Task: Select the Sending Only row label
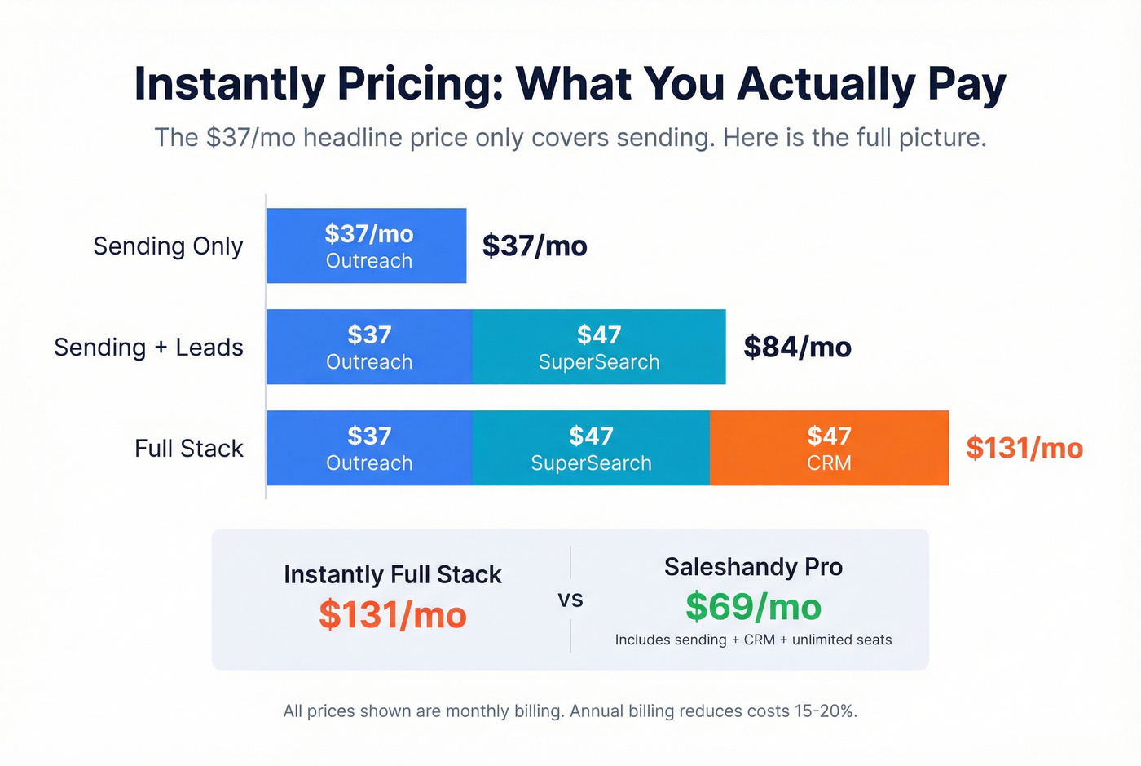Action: [x=168, y=246]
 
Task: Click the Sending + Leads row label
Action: [x=148, y=347]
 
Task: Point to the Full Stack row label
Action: [x=188, y=448]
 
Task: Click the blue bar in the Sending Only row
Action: [x=366, y=246]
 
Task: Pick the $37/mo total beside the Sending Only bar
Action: [x=535, y=246]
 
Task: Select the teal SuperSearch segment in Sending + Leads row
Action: [x=599, y=347]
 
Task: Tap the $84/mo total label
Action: [x=797, y=347]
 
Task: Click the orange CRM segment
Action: [x=829, y=448]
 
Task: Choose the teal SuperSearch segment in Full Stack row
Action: [x=591, y=448]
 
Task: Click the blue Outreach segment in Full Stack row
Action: [x=369, y=448]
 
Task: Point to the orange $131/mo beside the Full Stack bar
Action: [x=1024, y=448]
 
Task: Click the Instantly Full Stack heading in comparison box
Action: [x=392, y=574]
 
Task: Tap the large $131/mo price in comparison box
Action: [x=392, y=615]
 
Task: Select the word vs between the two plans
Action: [x=570, y=600]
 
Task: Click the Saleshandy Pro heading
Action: [x=753, y=567]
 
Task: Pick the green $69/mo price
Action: [x=753, y=607]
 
